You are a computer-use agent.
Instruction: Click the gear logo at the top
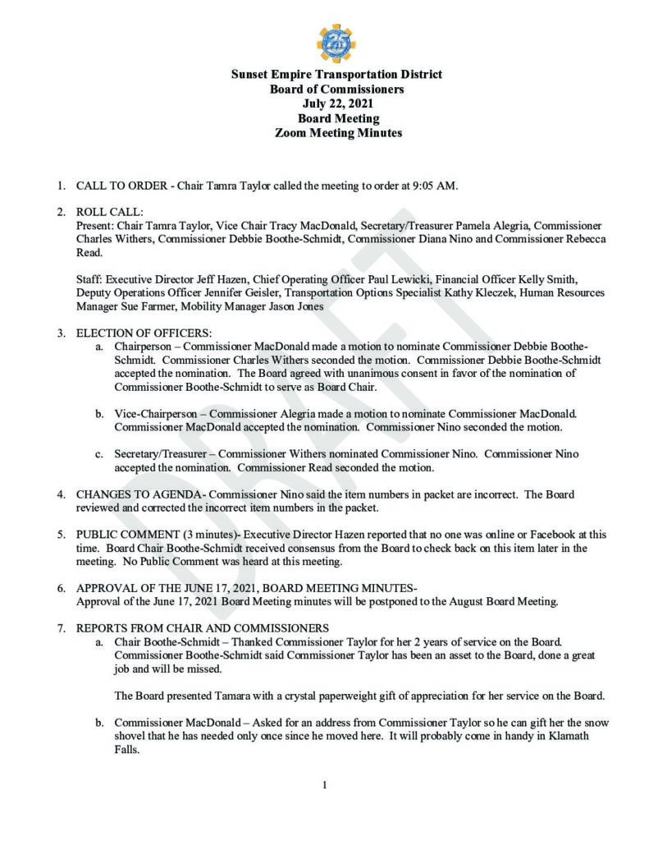tap(336, 43)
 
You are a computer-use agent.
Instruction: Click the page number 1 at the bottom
tap(325, 785)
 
